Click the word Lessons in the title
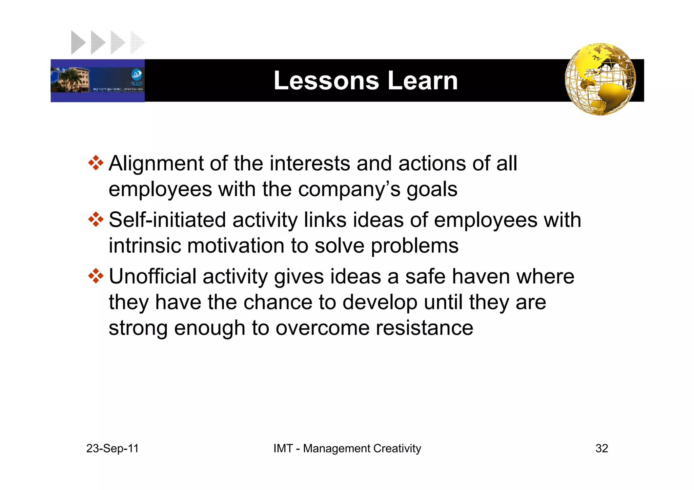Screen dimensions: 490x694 pos(326,81)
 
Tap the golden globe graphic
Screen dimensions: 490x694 pos(600,79)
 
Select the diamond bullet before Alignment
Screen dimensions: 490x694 pos(96,163)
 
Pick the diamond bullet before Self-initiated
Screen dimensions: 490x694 pos(96,220)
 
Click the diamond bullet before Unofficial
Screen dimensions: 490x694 pos(96,276)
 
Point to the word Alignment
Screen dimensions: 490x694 pos(156,164)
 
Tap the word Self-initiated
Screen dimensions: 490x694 pos(167,220)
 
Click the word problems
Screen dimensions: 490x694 pos(414,246)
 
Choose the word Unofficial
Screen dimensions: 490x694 pos(152,277)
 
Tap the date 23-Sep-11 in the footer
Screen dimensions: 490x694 pos(113,448)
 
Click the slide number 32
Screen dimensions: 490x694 pos(601,448)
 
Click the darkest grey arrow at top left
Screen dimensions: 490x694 pos(78,42)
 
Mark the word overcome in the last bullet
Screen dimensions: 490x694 pos(322,328)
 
